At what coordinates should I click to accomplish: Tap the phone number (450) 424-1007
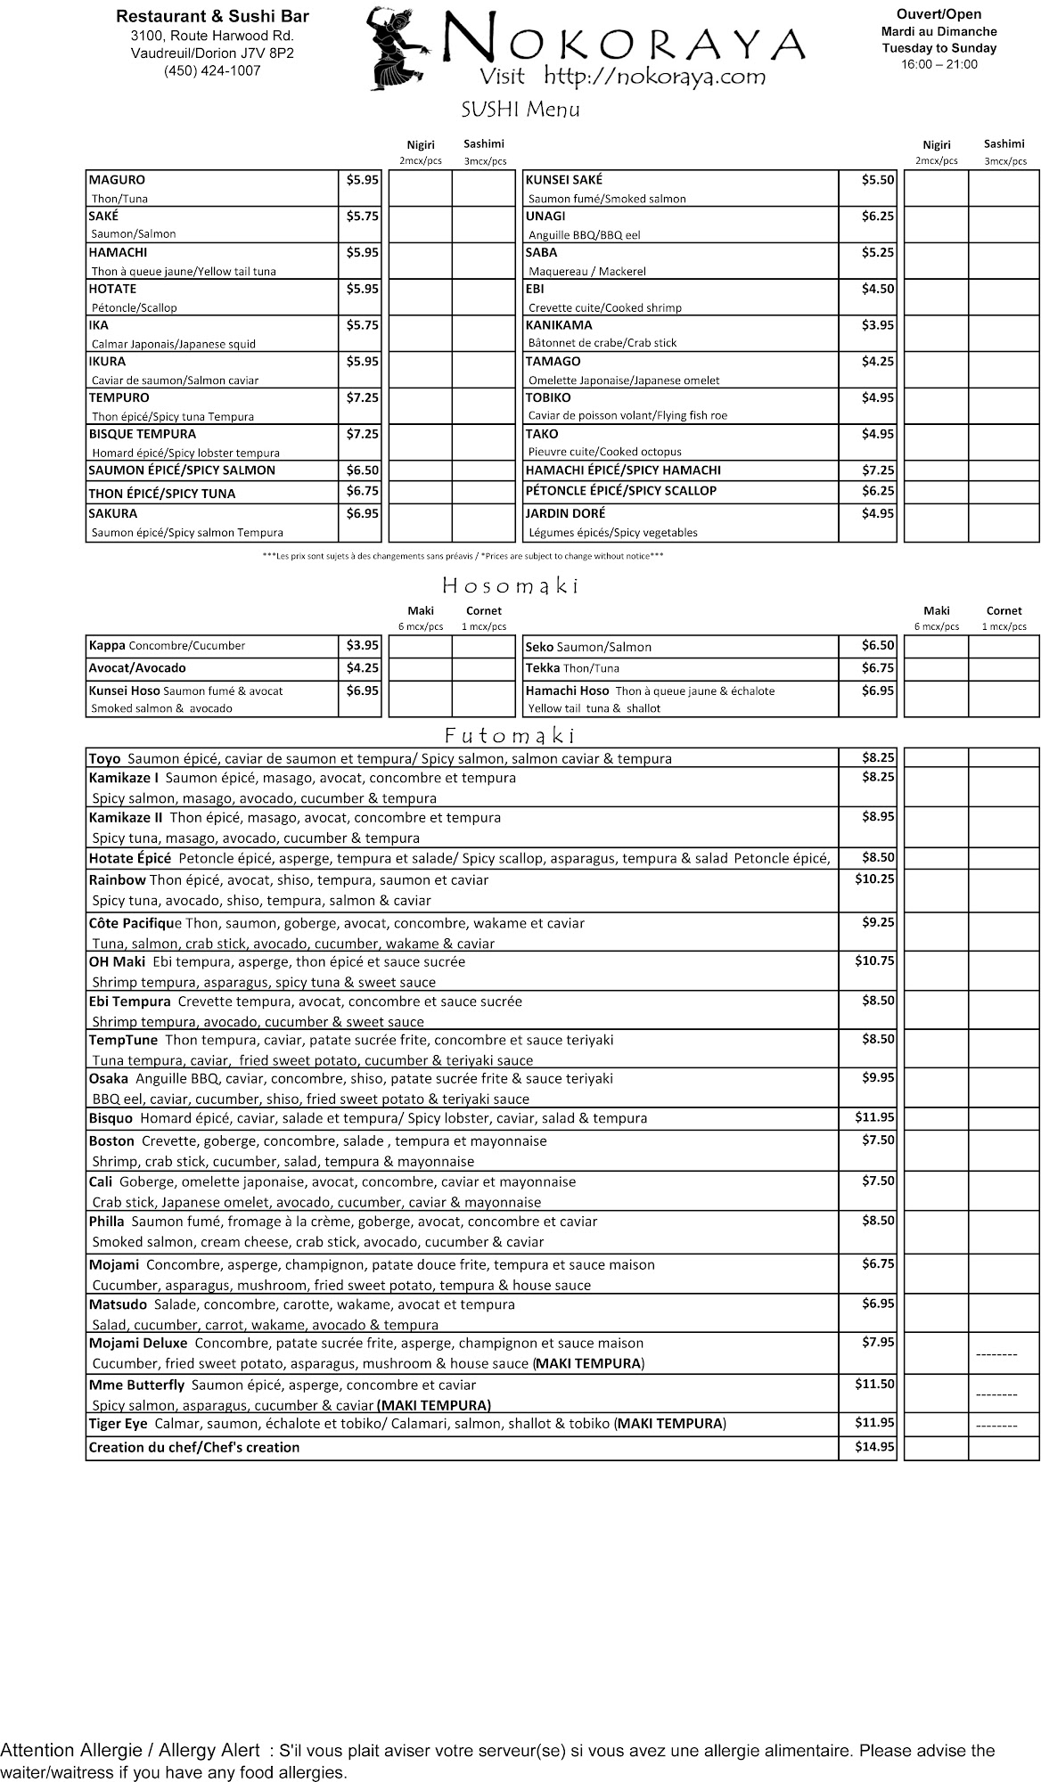coord(212,71)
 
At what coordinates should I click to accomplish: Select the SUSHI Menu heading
coord(520,110)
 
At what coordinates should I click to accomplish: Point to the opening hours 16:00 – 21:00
coord(939,64)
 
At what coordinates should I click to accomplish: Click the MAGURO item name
coord(117,180)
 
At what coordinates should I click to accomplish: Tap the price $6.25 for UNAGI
coord(877,217)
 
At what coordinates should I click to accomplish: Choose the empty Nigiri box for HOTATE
coord(420,298)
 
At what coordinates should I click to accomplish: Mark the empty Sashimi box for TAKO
coord(1004,443)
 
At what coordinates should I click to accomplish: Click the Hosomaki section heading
coord(512,586)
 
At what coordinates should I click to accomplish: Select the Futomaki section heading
coord(510,736)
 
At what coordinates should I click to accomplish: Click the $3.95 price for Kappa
coord(362,645)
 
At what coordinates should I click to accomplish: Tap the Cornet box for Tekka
coord(1004,668)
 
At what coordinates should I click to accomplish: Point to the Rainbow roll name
coord(117,880)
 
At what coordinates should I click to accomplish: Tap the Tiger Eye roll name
coord(118,1424)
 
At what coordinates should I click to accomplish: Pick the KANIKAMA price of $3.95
coord(877,325)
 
